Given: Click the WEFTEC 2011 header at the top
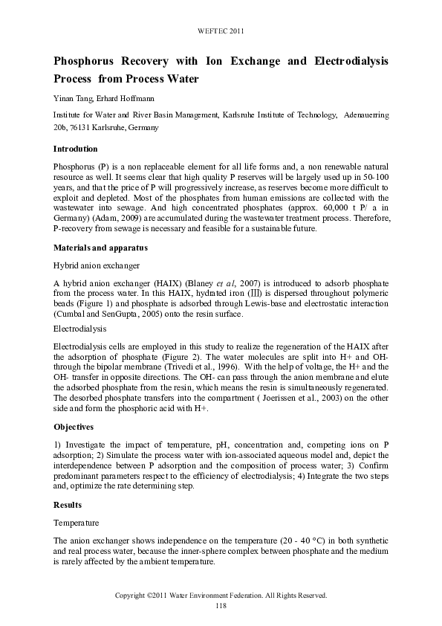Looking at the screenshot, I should click(221, 30).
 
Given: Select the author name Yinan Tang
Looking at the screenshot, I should click(73, 100).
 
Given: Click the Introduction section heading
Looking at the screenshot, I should click(76, 149).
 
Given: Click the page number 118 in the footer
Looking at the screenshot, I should click(221, 606).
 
